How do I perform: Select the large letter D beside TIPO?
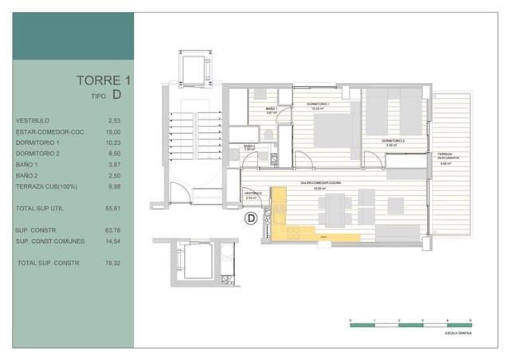pyautogui.click(x=117, y=95)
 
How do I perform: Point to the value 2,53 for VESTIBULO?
pyautogui.click(x=114, y=120)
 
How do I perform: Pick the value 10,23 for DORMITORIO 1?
pyautogui.click(x=113, y=143)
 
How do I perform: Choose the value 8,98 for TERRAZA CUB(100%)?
pyautogui.click(x=114, y=186)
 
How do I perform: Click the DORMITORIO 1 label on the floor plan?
pyautogui.click(x=319, y=104)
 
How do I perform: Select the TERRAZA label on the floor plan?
pyautogui.click(x=444, y=154)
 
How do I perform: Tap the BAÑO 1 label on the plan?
pyautogui.click(x=271, y=108)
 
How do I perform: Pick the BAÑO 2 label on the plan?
pyautogui.click(x=249, y=146)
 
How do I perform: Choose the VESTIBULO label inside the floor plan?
pyautogui.click(x=253, y=193)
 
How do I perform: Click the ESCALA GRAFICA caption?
pyautogui.click(x=459, y=333)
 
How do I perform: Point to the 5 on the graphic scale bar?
pyautogui.click(x=472, y=319)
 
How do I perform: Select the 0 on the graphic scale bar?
pyautogui.click(x=351, y=319)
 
